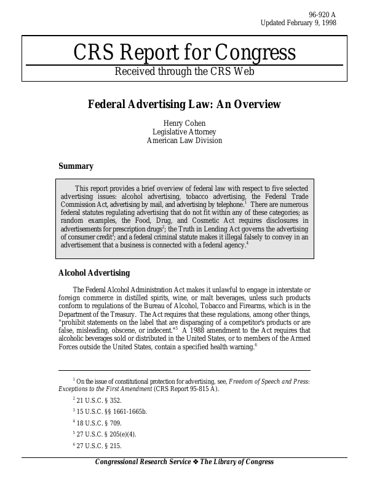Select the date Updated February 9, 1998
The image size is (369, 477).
298,23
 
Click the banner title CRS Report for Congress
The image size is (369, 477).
184,53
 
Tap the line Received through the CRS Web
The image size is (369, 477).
184,71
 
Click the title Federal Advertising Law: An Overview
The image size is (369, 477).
184,104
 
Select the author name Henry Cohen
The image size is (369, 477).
184,123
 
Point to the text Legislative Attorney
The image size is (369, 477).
184,132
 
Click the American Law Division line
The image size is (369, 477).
184,141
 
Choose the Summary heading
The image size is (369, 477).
76,166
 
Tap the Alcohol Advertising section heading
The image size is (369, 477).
93,273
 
